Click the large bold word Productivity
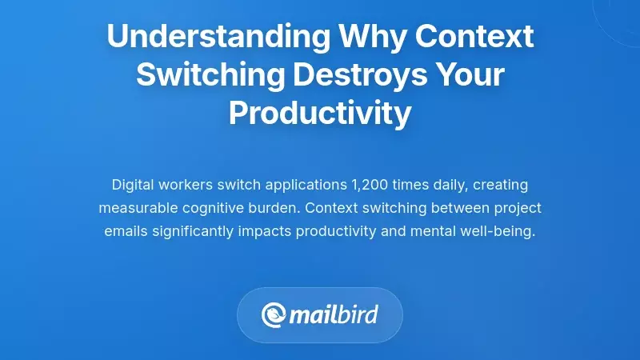point(320,114)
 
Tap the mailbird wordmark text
point(335,314)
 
